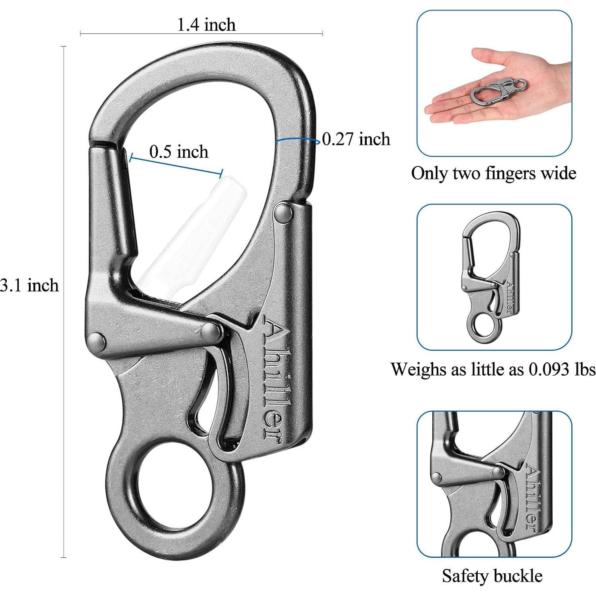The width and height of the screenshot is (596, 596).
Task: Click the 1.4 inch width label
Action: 206,25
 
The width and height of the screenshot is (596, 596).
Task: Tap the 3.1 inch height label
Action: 29,285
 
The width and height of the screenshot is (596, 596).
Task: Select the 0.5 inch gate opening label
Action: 179,152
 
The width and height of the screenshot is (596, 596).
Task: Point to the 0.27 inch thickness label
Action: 356,139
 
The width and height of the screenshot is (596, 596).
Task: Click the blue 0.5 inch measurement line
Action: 175,165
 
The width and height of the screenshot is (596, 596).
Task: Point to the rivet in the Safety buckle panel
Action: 498,473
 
